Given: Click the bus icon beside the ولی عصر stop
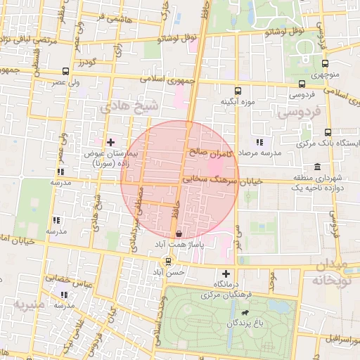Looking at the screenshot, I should click(65, 71).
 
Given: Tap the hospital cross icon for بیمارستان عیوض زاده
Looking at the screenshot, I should click(110, 142).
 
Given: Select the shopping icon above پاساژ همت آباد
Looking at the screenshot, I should click(178, 233).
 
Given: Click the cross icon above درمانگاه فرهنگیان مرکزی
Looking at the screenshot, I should click(226, 274).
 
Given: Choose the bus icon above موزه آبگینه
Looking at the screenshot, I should click(237, 90).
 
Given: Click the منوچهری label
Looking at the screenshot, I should click(325, 73).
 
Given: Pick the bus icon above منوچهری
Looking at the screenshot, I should click(324, 61).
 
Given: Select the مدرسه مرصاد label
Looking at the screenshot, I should click(260, 153).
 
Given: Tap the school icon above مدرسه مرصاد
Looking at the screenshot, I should click(260, 142).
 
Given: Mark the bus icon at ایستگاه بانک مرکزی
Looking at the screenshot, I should click(328, 131).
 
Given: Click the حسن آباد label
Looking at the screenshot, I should click(168, 271).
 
